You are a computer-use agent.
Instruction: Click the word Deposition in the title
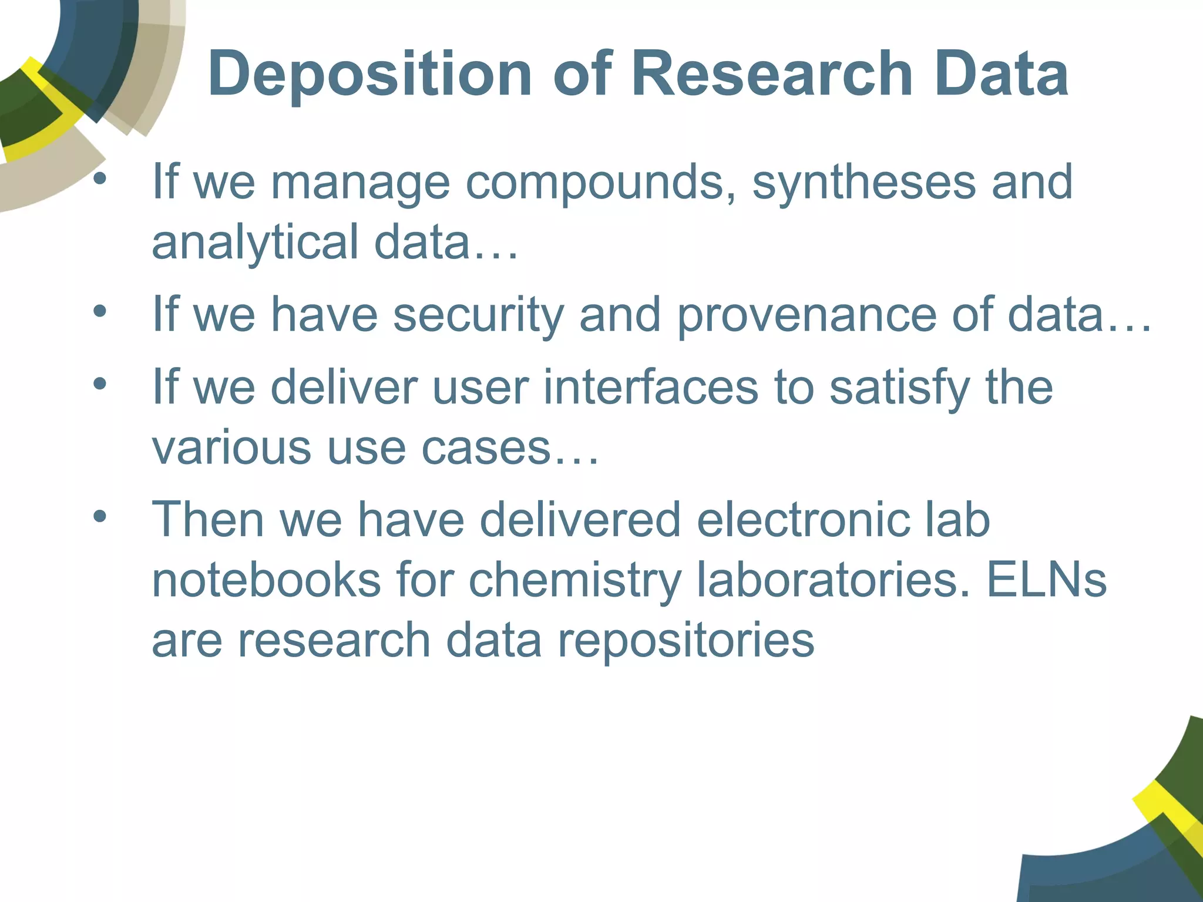click(x=369, y=75)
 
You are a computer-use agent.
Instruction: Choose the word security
click(x=478, y=316)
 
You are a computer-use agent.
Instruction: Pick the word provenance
click(x=807, y=316)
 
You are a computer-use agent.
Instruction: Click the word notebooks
click(x=266, y=580)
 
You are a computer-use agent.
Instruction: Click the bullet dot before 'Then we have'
click(x=100, y=516)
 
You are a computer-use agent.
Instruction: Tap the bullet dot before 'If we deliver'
click(x=100, y=384)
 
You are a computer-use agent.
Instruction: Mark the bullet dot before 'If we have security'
click(x=100, y=311)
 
